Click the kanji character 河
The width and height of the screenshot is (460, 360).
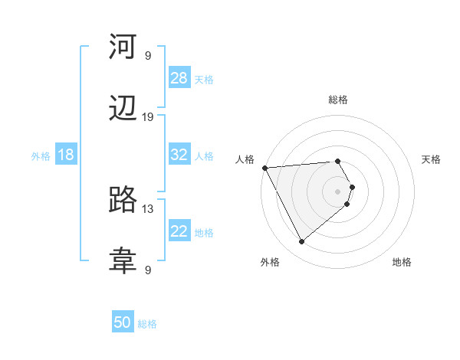click(123, 47)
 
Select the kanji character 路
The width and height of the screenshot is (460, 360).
click(123, 201)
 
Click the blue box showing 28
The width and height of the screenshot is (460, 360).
click(179, 78)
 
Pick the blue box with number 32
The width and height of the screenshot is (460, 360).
click(179, 155)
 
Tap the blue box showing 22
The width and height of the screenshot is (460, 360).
click(179, 231)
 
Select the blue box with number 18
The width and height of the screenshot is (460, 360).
click(66, 155)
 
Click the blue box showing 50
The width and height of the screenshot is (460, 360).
click(123, 322)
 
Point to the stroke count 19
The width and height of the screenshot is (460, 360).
click(148, 116)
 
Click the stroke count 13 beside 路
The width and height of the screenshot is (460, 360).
click(148, 208)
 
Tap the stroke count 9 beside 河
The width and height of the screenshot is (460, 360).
click(148, 55)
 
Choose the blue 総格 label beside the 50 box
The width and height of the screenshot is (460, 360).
click(147, 324)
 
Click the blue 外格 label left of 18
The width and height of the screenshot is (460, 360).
click(41, 155)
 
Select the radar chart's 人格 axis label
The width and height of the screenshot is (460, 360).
click(244, 159)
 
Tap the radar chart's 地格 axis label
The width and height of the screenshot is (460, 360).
click(402, 262)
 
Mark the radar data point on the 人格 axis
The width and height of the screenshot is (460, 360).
click(264, 167)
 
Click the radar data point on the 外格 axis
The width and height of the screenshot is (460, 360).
click(301, 242)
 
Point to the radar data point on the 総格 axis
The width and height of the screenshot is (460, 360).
click(337, 161)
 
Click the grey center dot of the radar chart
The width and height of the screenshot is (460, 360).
click(338, 191)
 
